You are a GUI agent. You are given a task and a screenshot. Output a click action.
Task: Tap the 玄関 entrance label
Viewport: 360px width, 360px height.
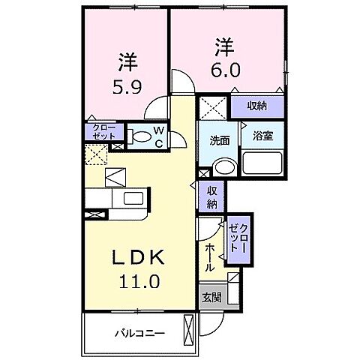(x=211, y=298)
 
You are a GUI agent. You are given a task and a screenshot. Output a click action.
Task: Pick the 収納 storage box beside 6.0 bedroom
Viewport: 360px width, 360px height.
(x=256, y=105)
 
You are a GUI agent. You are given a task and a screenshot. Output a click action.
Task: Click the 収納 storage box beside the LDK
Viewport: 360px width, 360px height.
(x=211, y=197)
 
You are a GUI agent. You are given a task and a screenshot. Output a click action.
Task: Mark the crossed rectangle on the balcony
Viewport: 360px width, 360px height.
(x=187, y=331)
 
